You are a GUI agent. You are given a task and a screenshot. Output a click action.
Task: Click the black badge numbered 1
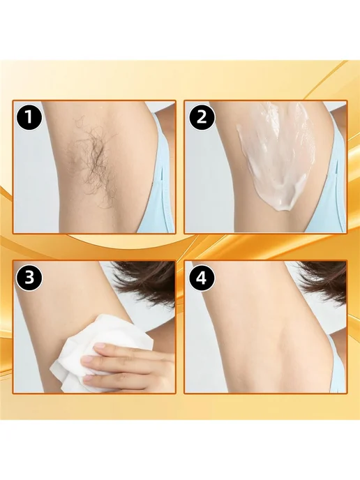[29, 117]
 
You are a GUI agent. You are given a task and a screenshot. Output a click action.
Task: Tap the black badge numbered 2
[202, 117]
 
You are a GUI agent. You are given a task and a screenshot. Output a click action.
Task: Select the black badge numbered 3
[29, 278]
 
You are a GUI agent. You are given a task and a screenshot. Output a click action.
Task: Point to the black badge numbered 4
[202, 278]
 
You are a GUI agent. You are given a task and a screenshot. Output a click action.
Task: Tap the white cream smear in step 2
[277, 156]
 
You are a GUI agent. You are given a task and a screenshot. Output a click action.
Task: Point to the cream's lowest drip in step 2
[283, 209]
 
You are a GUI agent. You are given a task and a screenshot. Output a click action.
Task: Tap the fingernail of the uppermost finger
[100, 347]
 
